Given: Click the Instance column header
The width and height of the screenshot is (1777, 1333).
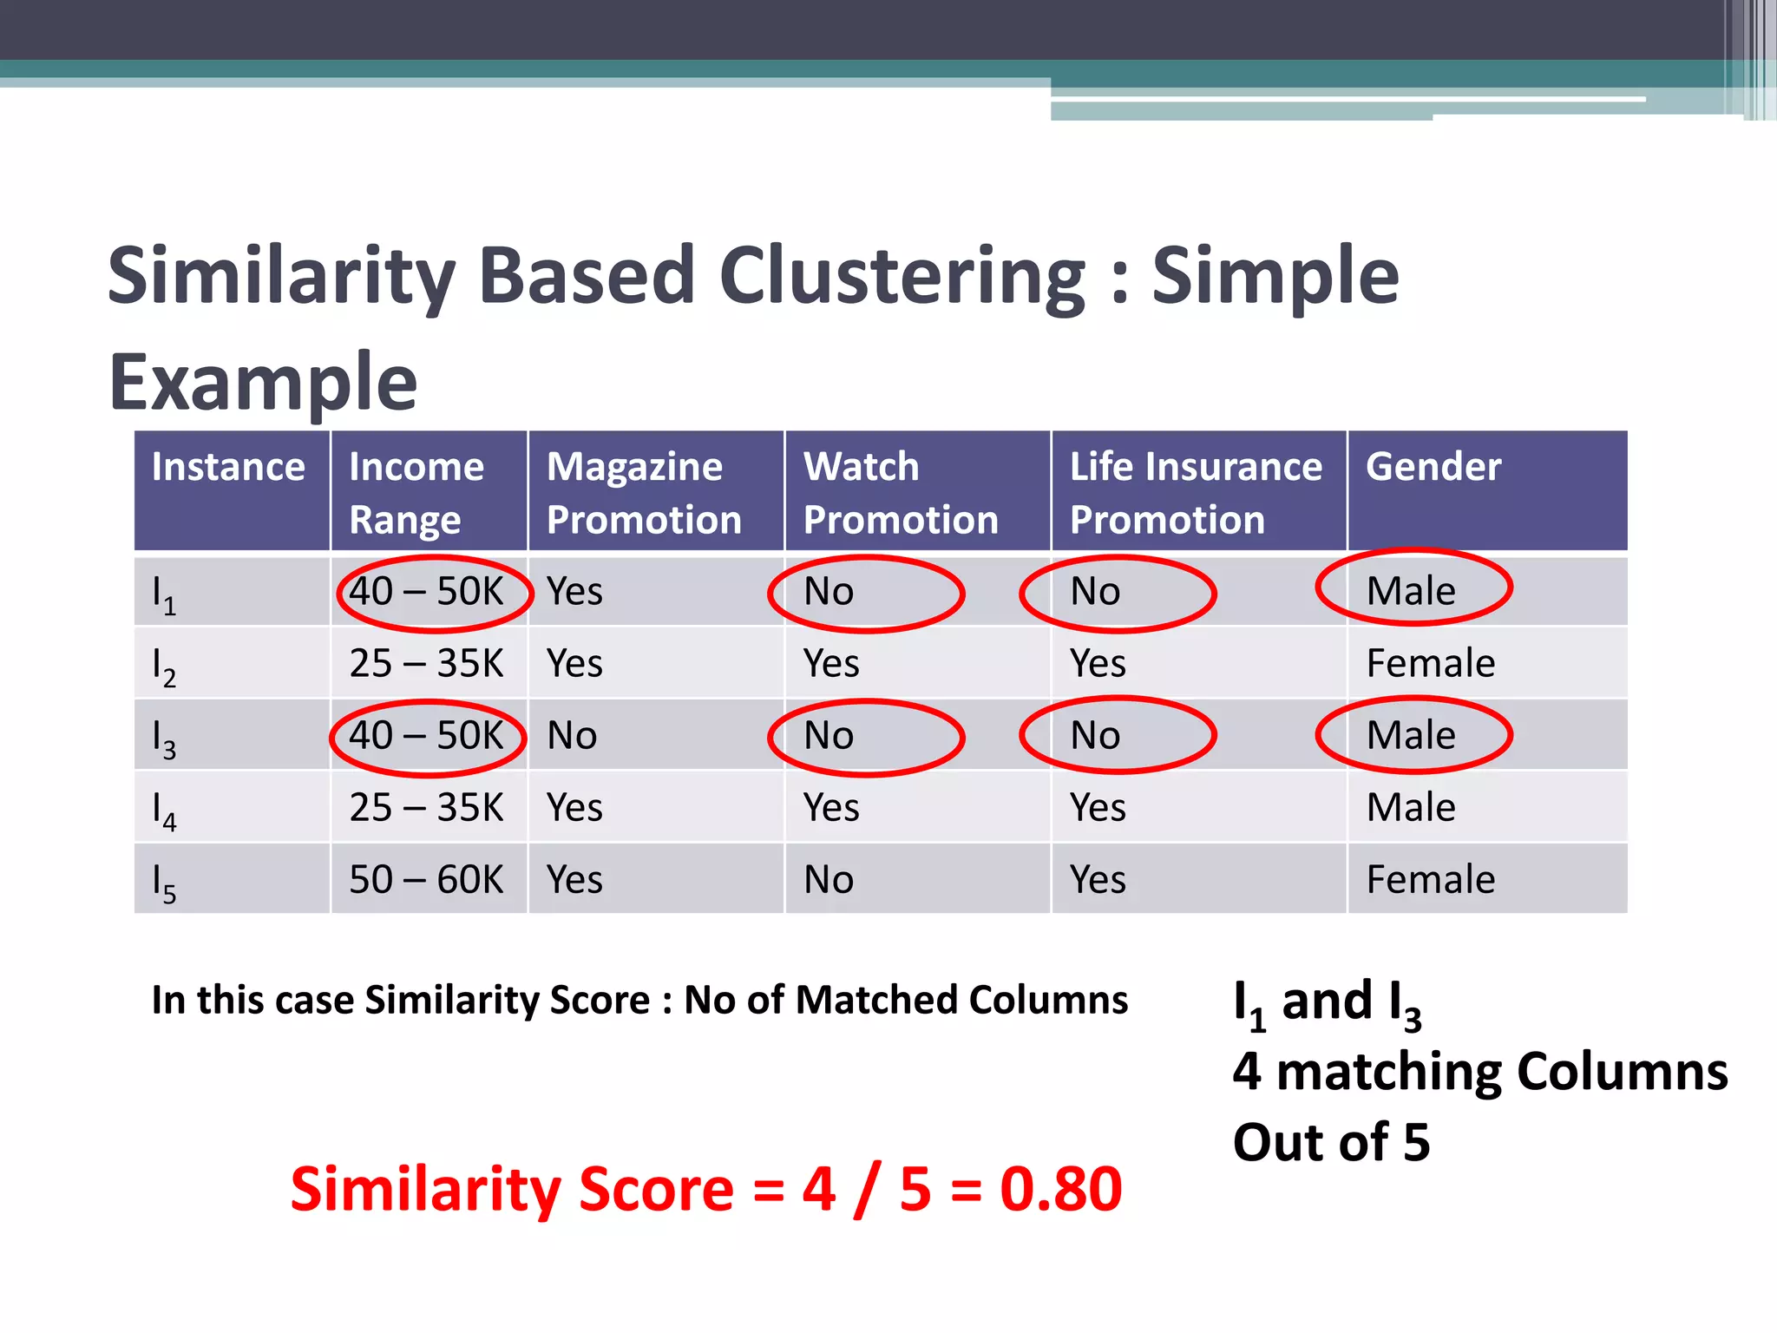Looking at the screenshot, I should coord(228,468).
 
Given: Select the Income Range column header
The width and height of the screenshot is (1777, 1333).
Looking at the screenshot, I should coord(416,493).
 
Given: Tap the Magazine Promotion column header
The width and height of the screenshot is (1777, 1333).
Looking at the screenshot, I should coord(644,493).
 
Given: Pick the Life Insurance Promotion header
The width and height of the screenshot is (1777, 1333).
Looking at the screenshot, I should coord(1196,493).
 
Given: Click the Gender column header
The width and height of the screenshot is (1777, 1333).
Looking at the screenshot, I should coord(1433,467).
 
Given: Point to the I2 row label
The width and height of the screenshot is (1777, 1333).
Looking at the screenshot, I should coord(164,666).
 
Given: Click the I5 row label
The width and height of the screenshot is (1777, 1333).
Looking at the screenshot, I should coord(164,883).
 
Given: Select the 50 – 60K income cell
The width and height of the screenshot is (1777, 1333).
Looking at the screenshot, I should coord(426,880).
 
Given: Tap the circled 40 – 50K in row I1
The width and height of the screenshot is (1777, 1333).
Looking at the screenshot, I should coord(426,592).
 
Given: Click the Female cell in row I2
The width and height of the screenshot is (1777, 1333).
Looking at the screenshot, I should coord(1431,664).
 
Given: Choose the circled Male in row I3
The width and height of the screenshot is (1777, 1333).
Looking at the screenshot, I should coord(1411,736).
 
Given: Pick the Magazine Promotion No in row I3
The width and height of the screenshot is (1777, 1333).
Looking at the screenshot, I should coord(572,736).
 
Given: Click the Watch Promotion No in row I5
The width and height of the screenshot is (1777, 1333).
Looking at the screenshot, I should coord(829,880).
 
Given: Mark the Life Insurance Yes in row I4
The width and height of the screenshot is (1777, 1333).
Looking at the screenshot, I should coord(1098,808).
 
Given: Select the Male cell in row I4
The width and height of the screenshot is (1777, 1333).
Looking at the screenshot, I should coord(1411,808).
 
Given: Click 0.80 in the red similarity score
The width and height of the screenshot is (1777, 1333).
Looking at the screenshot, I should coord(1060,1189).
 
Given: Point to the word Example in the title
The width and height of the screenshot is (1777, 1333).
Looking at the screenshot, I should coord(263,382).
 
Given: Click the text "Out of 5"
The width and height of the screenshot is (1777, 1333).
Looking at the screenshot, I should coord(1331,1142).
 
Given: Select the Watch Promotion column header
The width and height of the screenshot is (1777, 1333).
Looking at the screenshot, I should coord(901,493).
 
